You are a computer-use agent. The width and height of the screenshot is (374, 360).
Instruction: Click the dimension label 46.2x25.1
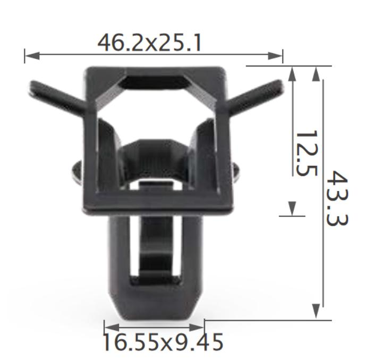point(149,43)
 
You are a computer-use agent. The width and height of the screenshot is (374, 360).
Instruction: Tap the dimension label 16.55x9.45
point(162,343)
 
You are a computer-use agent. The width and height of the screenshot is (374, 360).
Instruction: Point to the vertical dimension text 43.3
point(335,198)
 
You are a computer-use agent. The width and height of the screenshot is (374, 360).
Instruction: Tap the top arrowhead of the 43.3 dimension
point(317,73)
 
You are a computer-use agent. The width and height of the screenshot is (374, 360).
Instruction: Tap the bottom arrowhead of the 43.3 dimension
point(317,312)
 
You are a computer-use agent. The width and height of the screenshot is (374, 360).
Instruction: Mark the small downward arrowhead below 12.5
point(292,210)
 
